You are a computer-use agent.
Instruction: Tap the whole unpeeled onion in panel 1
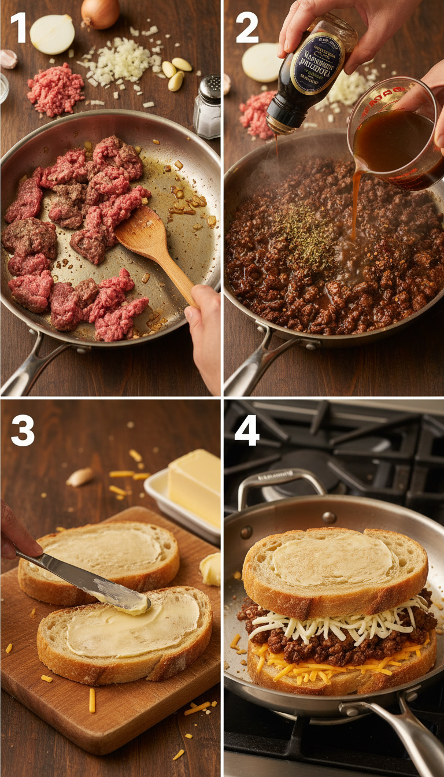pyautogui.click(x=100, y=13)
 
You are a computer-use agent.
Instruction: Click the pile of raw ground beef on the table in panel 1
pyautogui.click(x=55, y=90)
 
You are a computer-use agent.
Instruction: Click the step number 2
pyautogui.click(x=247, y=28)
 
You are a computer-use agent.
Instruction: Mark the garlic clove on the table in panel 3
pyautogui.click(x=80, y=477)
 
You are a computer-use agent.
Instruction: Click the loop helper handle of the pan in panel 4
pyautogui.click(x=280, y=483)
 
